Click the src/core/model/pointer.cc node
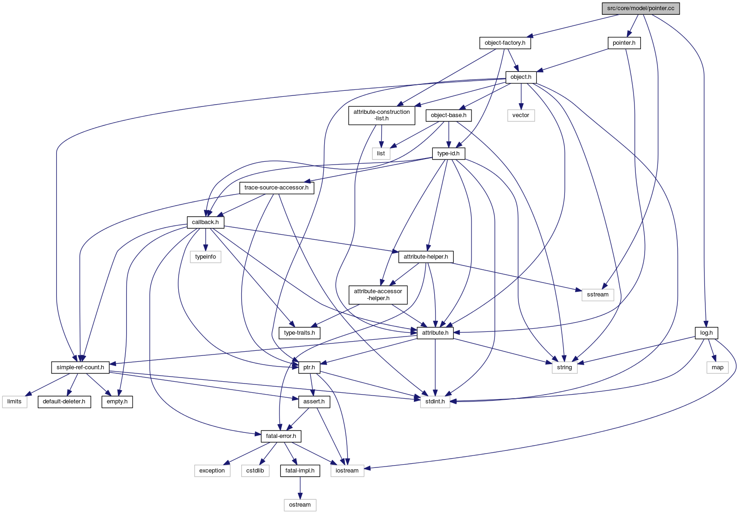point(640,8)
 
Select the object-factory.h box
point(505,43)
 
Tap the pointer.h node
point(624,43)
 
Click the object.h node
point(521,77)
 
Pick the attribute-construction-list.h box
point(381,115)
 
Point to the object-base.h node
point(448,115)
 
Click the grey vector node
point(521,115)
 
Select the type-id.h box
point(448,154)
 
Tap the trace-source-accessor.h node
point(276,188)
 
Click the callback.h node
point(205,222)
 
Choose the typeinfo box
point(205,257)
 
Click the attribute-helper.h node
point(425,257)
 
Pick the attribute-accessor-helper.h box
point(378,295)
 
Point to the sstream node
point(598,295)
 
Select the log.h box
point(706,333)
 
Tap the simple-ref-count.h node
point(80,367)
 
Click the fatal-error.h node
point(281,436)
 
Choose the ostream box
point(300,505)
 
